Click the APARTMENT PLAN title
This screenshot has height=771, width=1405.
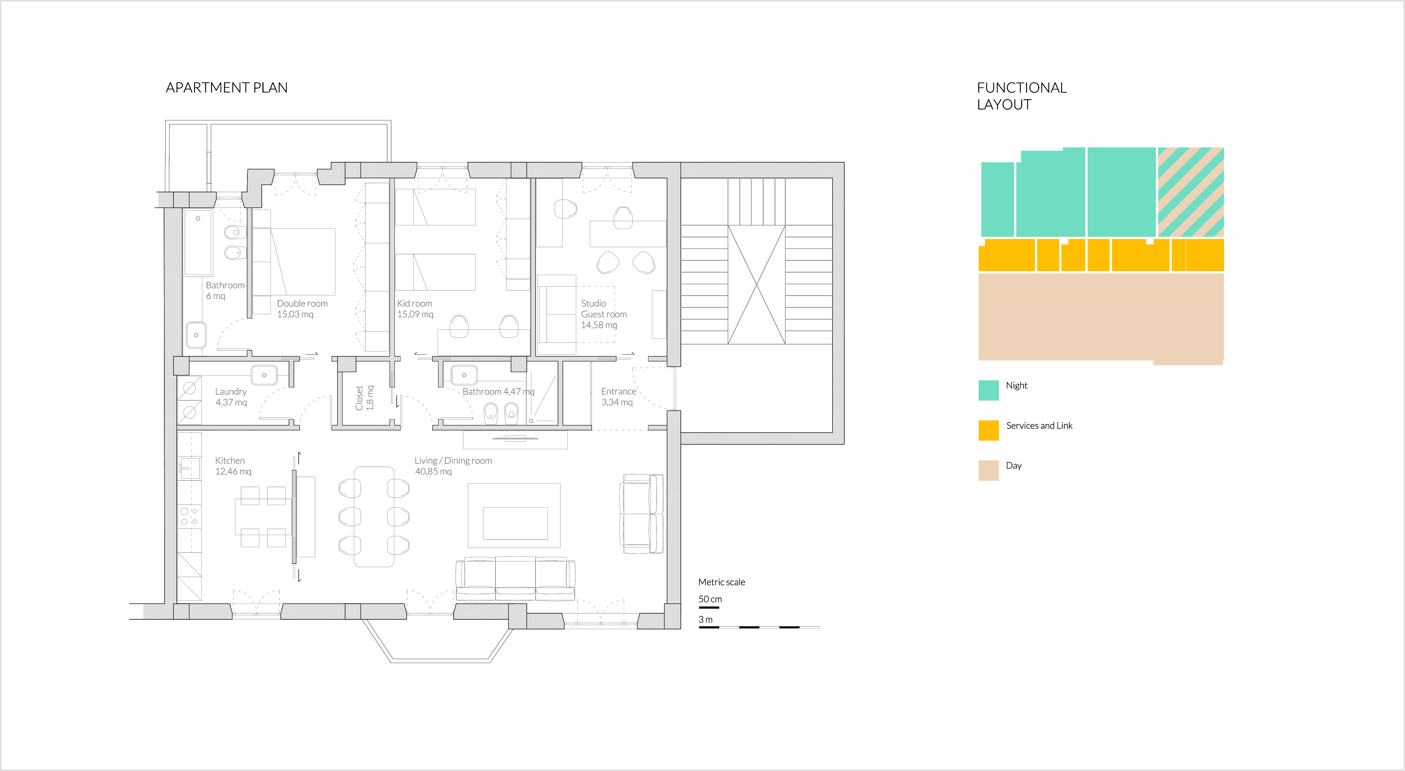226,88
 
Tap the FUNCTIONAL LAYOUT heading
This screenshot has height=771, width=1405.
1021,96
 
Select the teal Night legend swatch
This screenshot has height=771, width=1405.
988,390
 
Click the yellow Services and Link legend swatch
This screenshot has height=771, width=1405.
988,430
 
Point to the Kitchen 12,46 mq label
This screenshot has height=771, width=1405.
233,466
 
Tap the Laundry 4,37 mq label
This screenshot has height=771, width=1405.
231,397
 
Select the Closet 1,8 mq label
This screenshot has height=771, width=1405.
364,398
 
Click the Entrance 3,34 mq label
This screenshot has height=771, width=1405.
618,397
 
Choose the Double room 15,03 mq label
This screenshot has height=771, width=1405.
302,308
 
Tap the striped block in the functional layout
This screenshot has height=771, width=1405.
1191,192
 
